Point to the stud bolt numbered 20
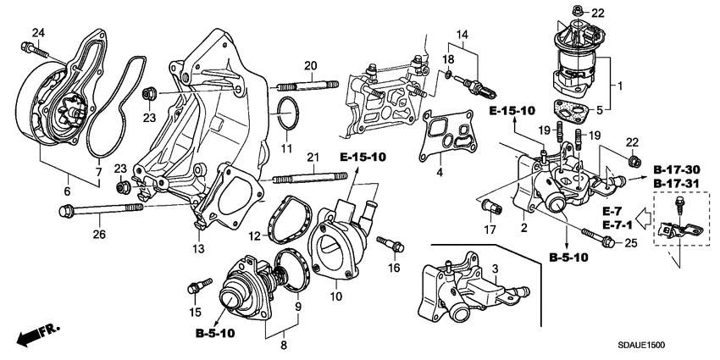(304, 85)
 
